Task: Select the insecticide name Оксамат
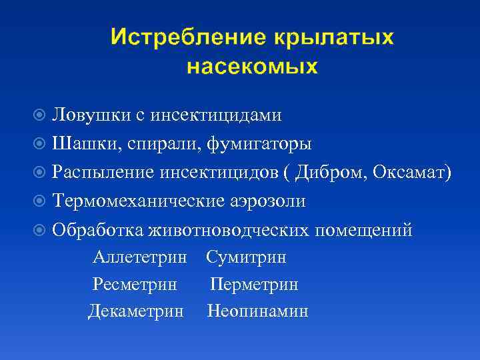tap(409, 173)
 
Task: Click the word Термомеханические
tap(141, 201)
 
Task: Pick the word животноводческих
tap(229, 230)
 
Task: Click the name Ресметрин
tap(135, 285)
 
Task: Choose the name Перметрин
tap(254, 285)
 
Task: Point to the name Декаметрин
tap(136, 311)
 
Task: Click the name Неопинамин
tap(257, 311)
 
